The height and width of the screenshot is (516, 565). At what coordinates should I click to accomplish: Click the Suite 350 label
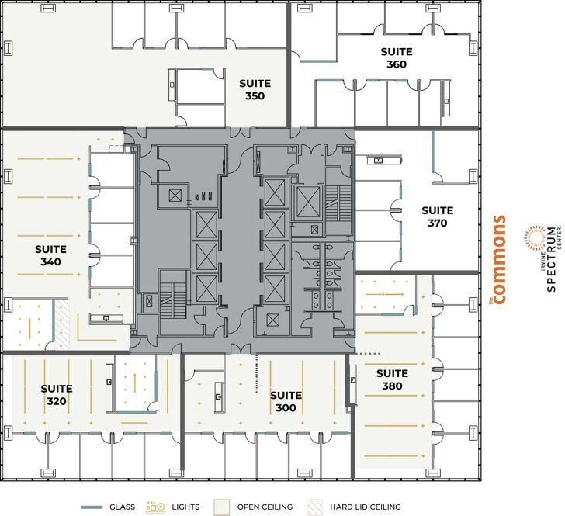pyautogui.click(x=255, y=90)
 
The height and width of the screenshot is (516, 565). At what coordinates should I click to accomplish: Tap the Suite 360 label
pyautogui.click(x=396, y=58)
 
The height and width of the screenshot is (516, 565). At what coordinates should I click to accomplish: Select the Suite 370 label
pyautogui.click(x=437, y=216)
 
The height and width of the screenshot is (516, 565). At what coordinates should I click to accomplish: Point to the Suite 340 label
pyautogui.click(x=50, y=255)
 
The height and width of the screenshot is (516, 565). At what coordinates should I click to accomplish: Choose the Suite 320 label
pyautogui.click(x=57, y=395)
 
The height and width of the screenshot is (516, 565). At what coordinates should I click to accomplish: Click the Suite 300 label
pyautogui.click(x=286, y=401)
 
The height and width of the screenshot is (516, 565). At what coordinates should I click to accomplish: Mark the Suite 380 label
pyautogui.click(x=392, y=379)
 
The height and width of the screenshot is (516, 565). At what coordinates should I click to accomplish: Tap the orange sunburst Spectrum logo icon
pyautogui.click(x=535, y=237)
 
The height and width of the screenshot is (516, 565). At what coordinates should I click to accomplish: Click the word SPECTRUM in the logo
pyautogui.click(x=552, y=260)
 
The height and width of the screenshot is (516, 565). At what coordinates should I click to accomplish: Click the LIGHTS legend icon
pyautogui.click(x=156, y=507)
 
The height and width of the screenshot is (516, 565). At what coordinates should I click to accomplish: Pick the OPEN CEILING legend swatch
pyautogui.click(x=222, y=507)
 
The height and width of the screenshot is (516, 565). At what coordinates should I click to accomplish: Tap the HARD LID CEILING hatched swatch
pyautogui.click(x=314, y=507)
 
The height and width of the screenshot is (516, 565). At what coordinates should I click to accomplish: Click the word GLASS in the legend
pyautogui.click(x=122, y=507)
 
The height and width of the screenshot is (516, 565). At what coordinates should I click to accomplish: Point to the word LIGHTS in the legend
pyautogui.click(x=186, y=507)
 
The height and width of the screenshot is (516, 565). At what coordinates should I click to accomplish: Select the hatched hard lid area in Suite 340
pyautogui.click(x=61, y=325)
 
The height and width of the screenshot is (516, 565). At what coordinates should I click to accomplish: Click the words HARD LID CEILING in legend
pyautogui.click(x=364, y=507)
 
